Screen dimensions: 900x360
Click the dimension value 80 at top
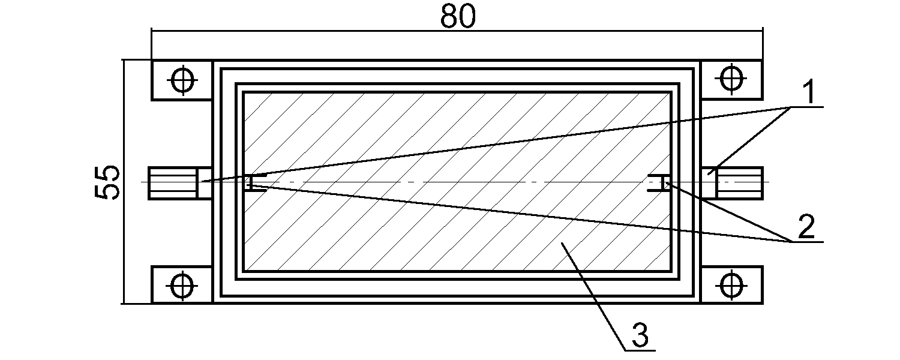457,17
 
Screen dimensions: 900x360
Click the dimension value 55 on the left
109,182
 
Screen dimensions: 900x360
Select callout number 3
639,336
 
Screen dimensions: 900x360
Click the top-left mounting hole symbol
182,79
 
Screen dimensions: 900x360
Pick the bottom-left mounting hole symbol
182,284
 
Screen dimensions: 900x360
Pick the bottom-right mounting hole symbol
731,284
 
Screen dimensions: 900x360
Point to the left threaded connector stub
174,182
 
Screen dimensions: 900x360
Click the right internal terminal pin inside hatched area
660,182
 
